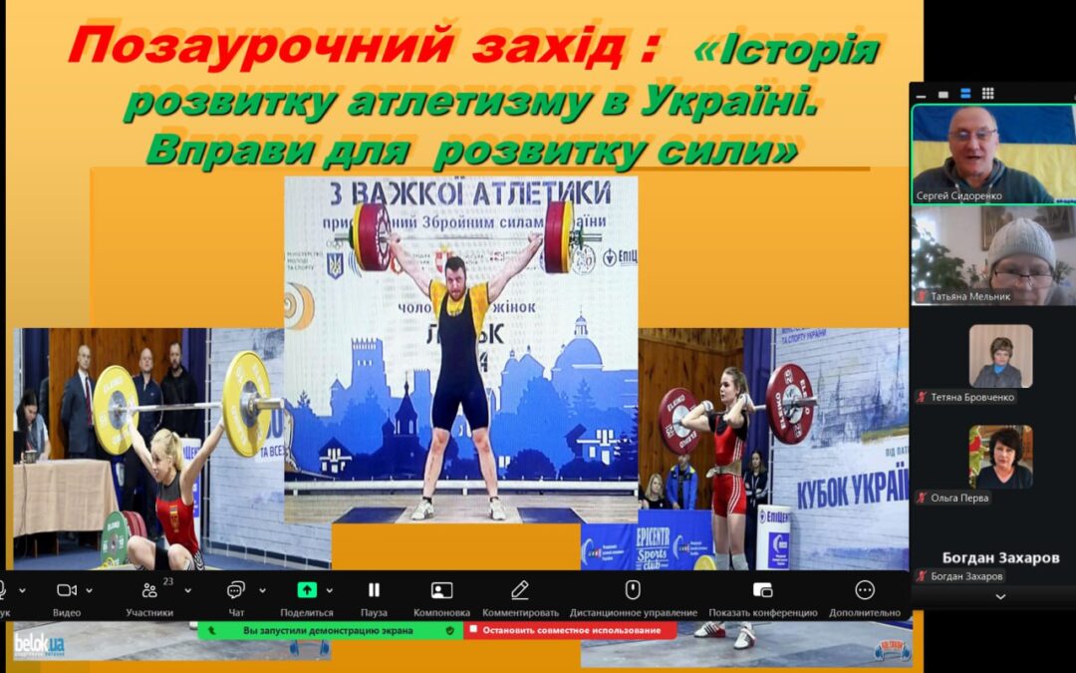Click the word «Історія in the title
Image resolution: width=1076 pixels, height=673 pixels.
tap(787, 49)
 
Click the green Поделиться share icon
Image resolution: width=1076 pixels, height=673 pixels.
tap(307, 589)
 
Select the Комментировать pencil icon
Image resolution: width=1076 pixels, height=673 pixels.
tap(520, 590)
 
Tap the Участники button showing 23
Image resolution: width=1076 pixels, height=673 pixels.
tap(149, 590)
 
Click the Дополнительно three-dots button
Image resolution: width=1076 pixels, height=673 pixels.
tap(864, 590)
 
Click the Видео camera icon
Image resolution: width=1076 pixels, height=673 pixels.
tap(67, 590)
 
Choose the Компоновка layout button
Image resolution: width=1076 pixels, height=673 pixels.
tap(441, 590)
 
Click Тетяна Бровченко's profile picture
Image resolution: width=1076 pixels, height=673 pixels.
tap(1000, 356)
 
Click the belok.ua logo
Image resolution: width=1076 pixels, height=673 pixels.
tap(39, 643)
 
